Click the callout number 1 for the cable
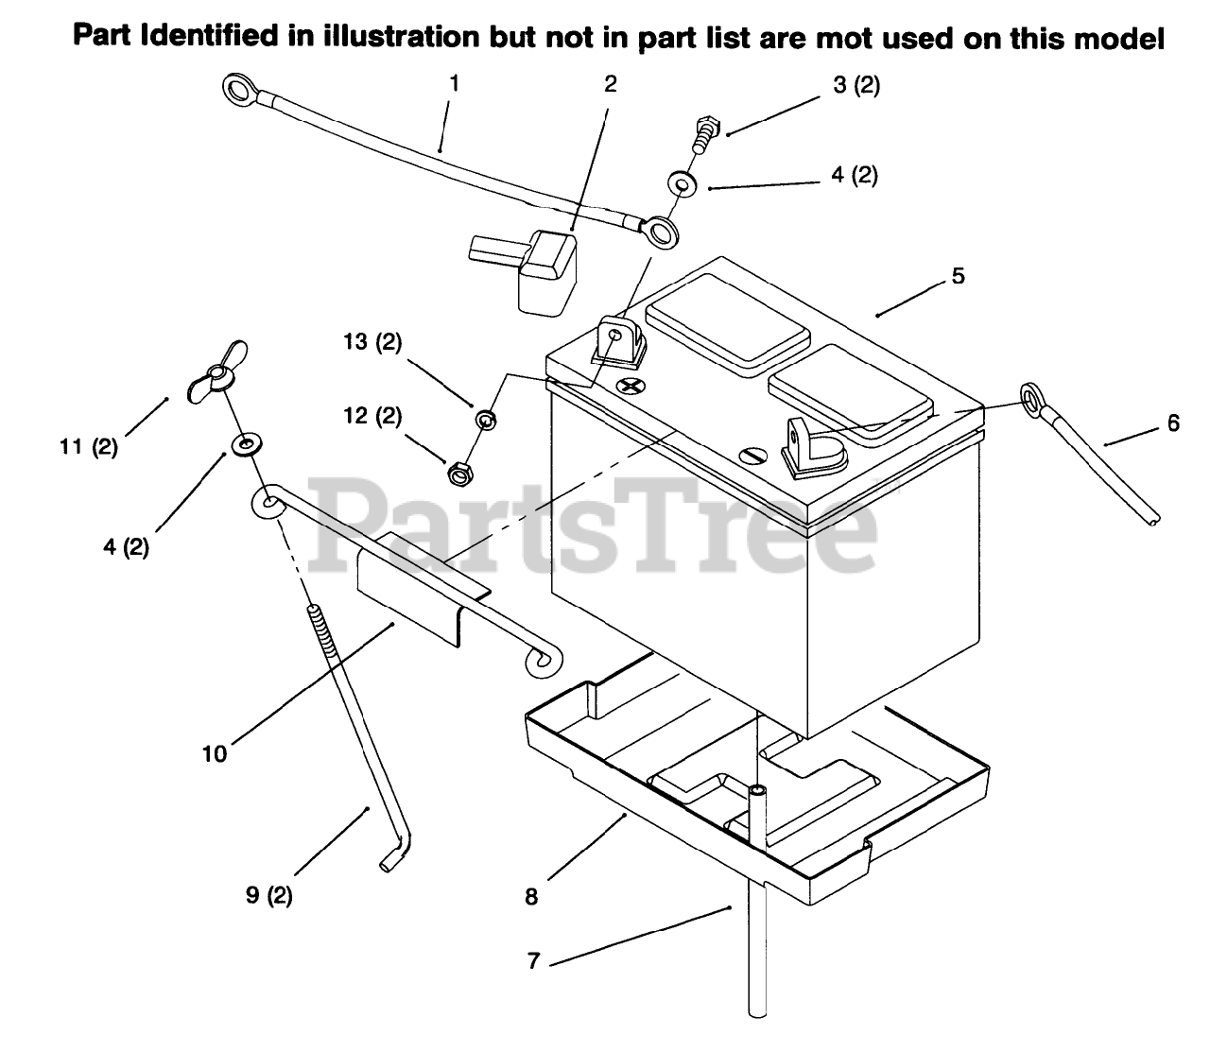[454, 83]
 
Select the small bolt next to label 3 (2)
[705, 132]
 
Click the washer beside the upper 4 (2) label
[682, 181]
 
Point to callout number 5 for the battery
[959, 276]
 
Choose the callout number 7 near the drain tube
[533, 961]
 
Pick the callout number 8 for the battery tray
[531, 896]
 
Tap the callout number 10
[215, 753]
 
